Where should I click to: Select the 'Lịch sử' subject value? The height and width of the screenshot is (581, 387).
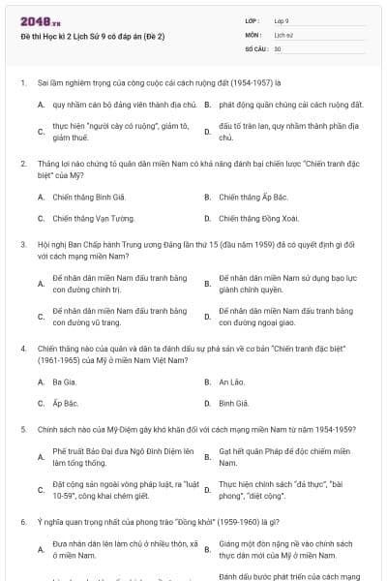pos(283,34)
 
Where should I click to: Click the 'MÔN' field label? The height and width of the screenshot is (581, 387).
pos(253,34)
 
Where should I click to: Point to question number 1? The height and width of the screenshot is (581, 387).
pos(22,83)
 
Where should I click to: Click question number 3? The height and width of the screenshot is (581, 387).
pos(22,246)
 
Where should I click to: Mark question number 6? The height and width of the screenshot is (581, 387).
pos(22,521)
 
